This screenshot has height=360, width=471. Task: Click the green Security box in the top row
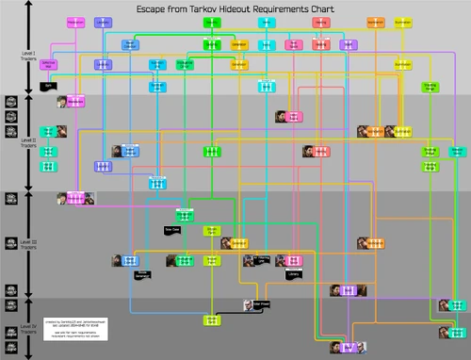pos(213,43)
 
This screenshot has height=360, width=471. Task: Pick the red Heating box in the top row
pos(321,43)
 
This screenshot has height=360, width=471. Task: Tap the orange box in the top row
pos(375,21)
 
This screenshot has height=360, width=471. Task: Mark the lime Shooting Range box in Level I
pos(429,87)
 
